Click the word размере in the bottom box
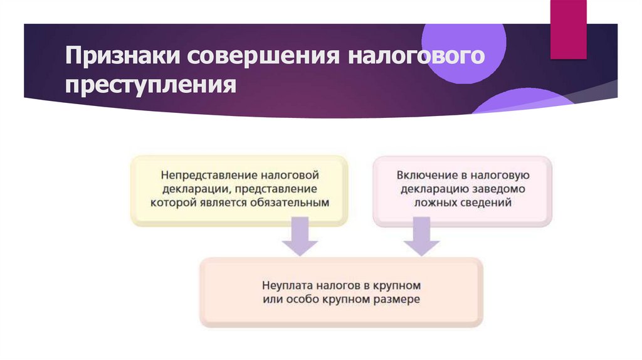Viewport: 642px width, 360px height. pos(398,300)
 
